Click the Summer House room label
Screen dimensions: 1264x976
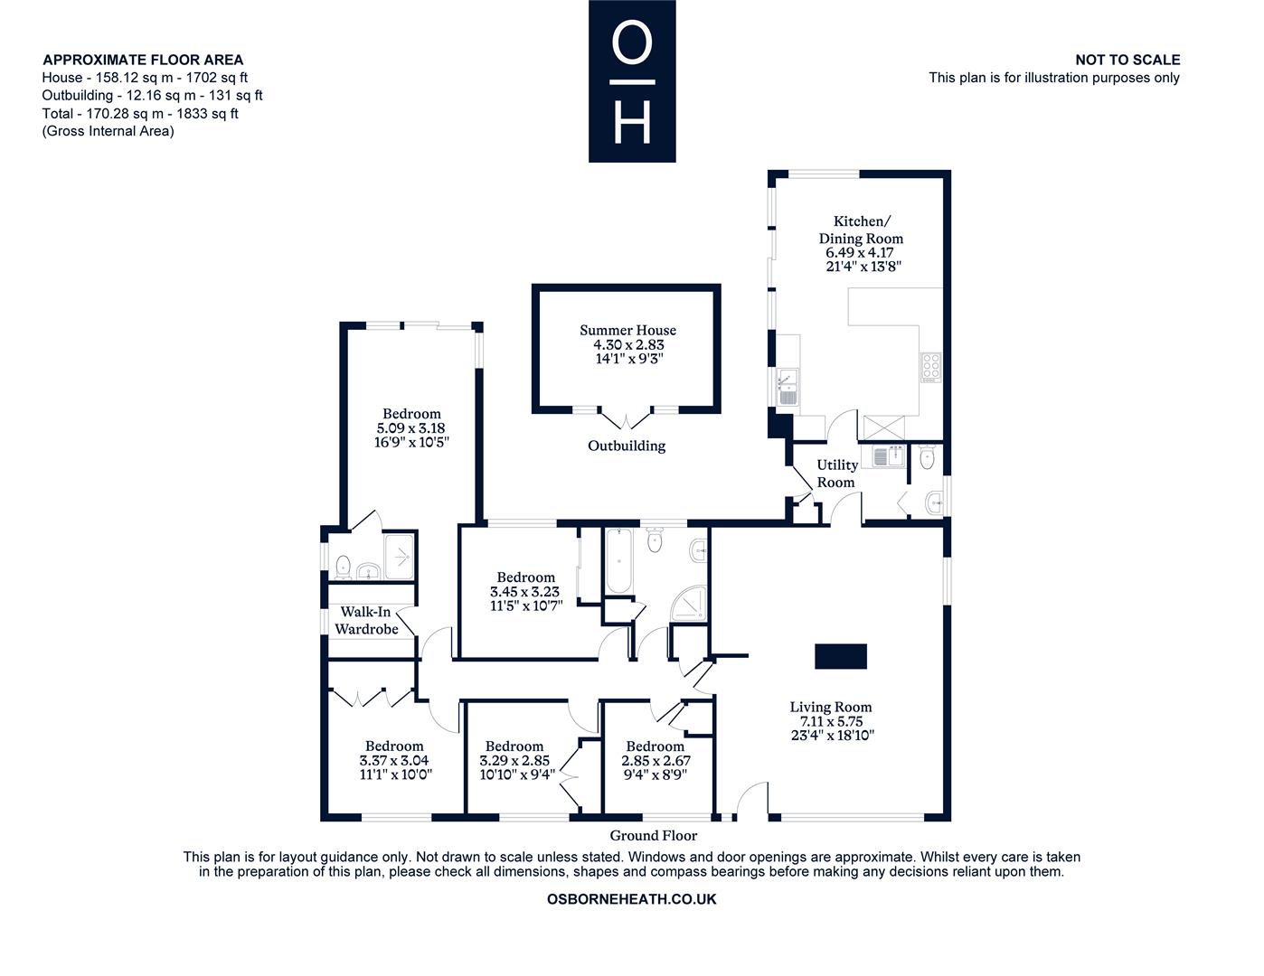[x=627, y=330]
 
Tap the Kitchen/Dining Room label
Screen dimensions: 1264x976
[x=861, y=230]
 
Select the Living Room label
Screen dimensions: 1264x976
[x=831, y=707]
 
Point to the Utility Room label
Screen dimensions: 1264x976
[x=836, y=474]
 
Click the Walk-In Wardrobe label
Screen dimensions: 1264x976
[x=366, y=620]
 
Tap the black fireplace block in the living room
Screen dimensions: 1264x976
[x=841, y=656]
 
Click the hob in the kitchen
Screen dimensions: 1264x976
[x=930, y=368]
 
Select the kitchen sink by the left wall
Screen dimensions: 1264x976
[x=788, y=387]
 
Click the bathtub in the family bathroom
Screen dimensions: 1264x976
[x=618, y=560]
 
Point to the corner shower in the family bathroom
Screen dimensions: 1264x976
[x=689, y=605]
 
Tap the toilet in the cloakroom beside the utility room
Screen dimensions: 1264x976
[x=928, y=457]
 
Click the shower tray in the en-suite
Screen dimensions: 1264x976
[x=400, y=557]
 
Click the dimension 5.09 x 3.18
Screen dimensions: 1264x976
[x=410, y=428]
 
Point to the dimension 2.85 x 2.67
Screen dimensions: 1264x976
[x=656, y=760]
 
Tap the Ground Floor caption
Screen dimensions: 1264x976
[x=653, y=835]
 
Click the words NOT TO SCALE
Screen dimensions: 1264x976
[x=1127, y=60]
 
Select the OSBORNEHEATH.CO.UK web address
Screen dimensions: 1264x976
[x=632, y=899]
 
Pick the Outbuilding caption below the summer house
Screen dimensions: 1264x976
[x=627, y=446]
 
